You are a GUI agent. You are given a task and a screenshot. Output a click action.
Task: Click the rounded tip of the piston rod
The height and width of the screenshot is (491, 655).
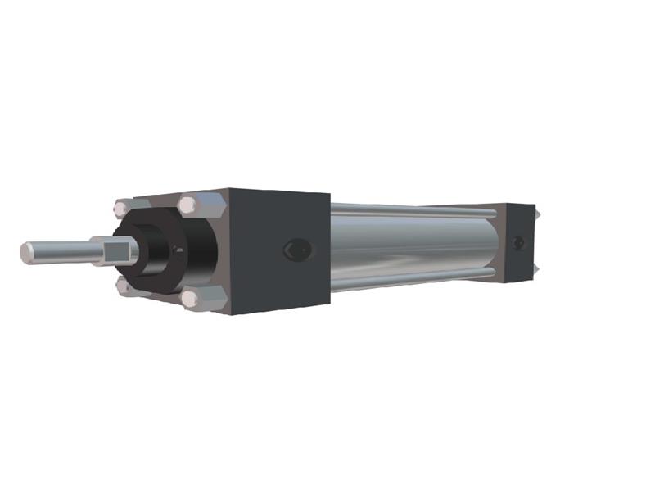click(x=27, y=253)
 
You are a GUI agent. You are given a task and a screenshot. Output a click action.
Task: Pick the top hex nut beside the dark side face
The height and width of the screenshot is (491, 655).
click(x=190, y=205)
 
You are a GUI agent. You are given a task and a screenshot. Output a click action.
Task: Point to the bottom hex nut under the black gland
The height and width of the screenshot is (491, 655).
click(x=125, y=286)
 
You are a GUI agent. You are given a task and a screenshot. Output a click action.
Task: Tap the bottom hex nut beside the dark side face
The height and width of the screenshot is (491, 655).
click(x=193, y=300)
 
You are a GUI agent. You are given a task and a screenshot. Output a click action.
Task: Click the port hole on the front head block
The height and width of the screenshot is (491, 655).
click(x=296, y=250)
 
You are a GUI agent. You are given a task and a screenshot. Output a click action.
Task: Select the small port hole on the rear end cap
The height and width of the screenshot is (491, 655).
click(x=518, y=243)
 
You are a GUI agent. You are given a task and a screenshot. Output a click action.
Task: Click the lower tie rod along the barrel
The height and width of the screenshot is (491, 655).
click(x=409, y=280)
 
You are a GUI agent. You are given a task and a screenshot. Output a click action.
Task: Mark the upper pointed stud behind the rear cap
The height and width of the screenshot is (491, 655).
click(x=539, y=214)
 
